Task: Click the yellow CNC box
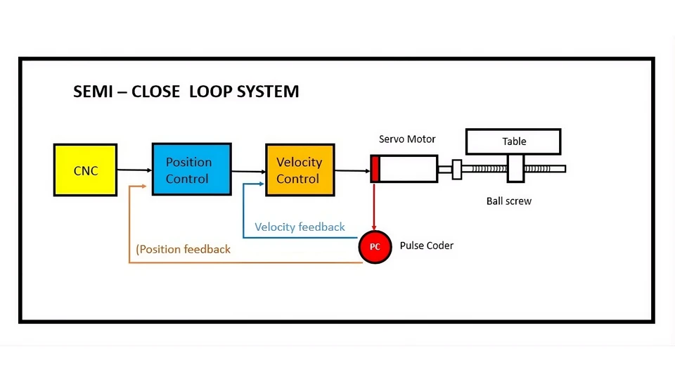85,170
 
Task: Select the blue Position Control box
191,170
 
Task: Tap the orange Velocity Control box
300,170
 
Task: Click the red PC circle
375,247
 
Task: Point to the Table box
513,141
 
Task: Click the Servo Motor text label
407,139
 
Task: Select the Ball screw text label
508,201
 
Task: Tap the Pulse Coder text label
426,246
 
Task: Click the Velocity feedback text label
300,227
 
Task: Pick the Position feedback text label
184,249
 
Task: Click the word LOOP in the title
211,91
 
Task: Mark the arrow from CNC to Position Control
134,170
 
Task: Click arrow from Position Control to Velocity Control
248,170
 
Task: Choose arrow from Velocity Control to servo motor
352,170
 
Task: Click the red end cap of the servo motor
375,170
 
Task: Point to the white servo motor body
409,170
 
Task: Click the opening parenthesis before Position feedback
137,249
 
